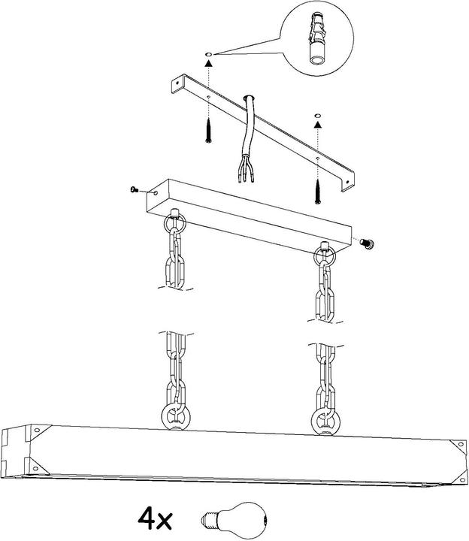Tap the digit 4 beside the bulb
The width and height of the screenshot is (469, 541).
pyautogui.click(x=147, y=518)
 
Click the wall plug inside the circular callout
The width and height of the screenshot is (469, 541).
pyautogui.click(x=317, y=38)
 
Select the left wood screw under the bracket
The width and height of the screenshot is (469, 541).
pyautogui.click(x=208, y=131)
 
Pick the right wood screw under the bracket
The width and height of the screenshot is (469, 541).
pyautogui.click(x=318, y=191)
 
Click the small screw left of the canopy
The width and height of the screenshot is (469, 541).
pyautogui.click(x=135, y=189)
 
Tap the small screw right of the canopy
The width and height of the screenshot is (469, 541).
pyautogui.click(x=368, y=243)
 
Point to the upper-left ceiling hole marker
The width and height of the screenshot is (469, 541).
pyautogui.click(x=208, y=55)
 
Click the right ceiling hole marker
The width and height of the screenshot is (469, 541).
pyautogui.click(x=317, y=115)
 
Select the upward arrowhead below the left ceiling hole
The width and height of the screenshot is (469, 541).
pyautogui.click(x=208, y=63)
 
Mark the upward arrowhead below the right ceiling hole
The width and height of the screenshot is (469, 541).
pyautogui.click(x=317, y=124)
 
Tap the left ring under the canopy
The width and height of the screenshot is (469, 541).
pyautogui.click(x=175, y=224)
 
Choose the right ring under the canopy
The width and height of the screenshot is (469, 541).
pyautogui.click(x=325, y=257)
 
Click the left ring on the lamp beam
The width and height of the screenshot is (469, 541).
pyautogui.click(x=176, y=417)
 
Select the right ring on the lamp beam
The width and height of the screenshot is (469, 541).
pyautogui.click(x=325, y=422)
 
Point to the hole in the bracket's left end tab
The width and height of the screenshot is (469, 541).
pyautogui.click(x=177, y=83)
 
